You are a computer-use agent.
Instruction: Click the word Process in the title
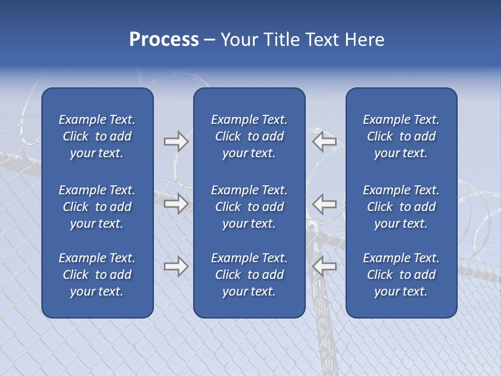coord(164,40)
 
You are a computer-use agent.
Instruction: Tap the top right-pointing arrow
coord(176,142)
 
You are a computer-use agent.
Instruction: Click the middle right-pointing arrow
coord(176,203)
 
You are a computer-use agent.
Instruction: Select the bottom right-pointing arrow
coord(176,266)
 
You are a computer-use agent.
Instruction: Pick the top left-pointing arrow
coord(324,142)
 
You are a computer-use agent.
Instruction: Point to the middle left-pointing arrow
coord(324,203)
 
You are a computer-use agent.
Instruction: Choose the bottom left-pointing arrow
coord(324,266)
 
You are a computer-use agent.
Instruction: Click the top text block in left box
coord(97,136)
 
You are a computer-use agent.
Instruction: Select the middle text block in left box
coord(97,207)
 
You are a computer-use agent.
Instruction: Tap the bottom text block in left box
coord(97,275)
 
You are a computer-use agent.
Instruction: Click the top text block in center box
coord(249,136)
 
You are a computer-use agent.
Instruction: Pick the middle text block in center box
coord(249,207)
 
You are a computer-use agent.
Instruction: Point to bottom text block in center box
coord(249,275)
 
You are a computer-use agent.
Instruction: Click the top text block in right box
coord(401,136)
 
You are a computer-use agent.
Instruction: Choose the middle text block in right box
coord(401,207)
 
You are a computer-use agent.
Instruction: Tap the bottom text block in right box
coord(401,275)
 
